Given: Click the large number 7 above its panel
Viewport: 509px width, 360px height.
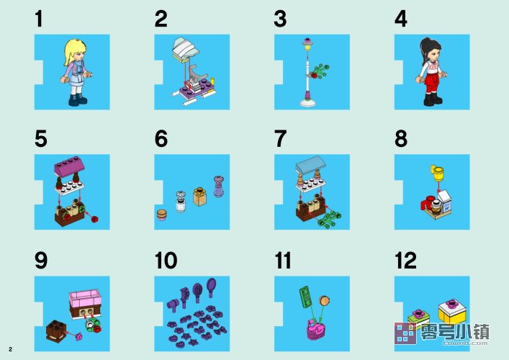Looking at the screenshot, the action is pyautogui.click(x=281, y=139).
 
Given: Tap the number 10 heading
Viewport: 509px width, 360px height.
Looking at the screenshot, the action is pyautogui.click(x=166, y=261).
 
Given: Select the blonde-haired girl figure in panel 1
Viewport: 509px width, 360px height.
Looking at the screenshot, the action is pyautogui.click(x=76, y=72).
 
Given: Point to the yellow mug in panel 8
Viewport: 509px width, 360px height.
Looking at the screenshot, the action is pyautogui.click(x=437, y=173).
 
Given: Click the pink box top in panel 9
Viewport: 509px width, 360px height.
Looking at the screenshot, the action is pyautogui.click(x=85, y=298).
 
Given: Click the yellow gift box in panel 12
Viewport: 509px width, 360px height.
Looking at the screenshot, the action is pyautogui.click(x=452, y=311).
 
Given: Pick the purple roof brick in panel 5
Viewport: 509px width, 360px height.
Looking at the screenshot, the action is pyautogui.click(x=69, y=167).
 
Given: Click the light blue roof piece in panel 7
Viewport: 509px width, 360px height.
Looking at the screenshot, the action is pyautogui.click(x=311, y=164).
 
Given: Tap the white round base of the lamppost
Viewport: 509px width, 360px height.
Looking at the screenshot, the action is pyautogui.click(x=307, y=103).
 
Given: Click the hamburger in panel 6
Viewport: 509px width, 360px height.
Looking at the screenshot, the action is pyautogui.click(x=162, y=215).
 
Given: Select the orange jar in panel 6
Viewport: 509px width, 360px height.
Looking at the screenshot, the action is pyautogui.click(x=200, y=196).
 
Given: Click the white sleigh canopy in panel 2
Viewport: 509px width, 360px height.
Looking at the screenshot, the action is pyautogui.click(x=185, y=50).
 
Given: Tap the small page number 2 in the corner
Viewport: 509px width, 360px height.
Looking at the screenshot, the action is pyautogui.click(x=10, y=349).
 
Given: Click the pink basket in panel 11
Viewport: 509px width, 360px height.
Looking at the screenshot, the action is pyautogui.click(x=315, y=330).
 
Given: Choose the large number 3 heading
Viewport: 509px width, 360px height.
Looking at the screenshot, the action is pyautogui.click(x=280, y=19).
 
